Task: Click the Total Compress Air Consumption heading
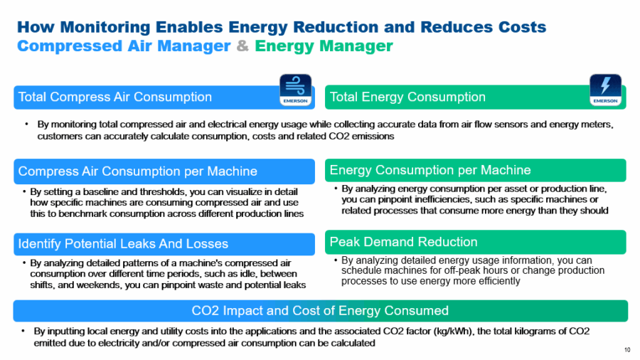click(114, 97)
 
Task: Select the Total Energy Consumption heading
click(407, 97)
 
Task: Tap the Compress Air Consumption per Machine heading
click(137, 171)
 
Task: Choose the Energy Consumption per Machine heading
click(430, 170)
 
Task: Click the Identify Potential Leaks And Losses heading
click(123, 244)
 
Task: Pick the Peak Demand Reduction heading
click(403, 242)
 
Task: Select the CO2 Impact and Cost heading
click(320, 311)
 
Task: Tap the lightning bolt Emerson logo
click(605, 90)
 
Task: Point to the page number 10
click(626, 349)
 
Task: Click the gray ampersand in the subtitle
click(242, 46)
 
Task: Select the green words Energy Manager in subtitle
click(324, 46)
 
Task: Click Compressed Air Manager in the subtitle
click(124, 46)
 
